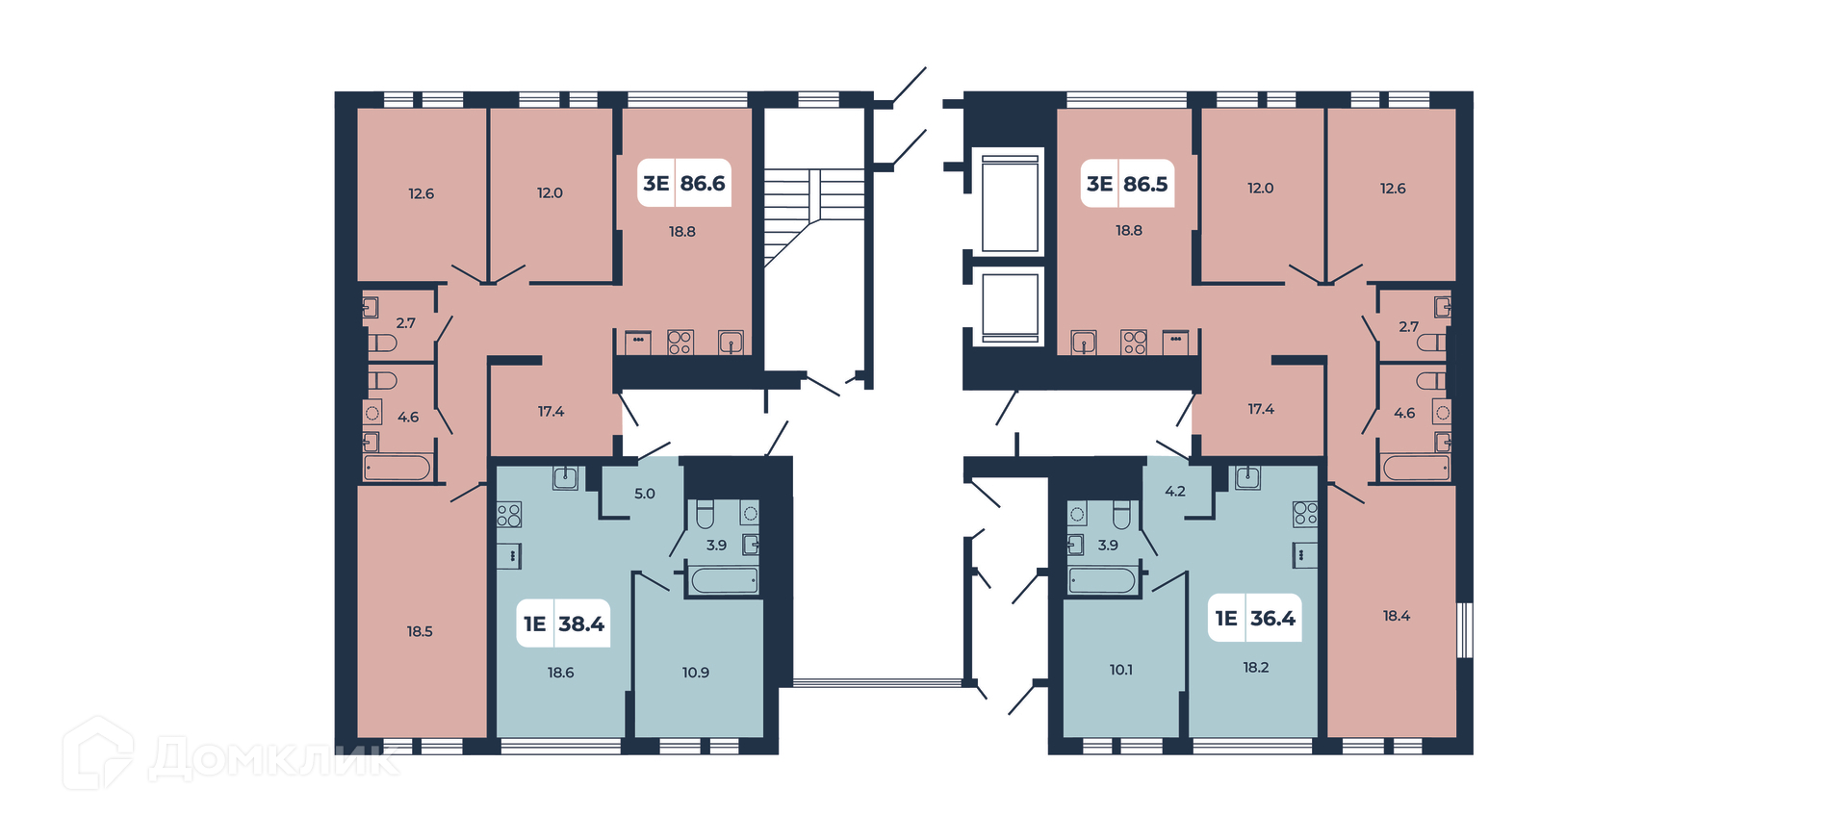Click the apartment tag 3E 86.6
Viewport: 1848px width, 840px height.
pos(684,183)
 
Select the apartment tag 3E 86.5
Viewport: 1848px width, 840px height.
pos(1127,184)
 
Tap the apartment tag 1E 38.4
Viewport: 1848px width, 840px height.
pos(564,624)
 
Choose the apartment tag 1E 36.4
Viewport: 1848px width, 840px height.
pos(1255,618)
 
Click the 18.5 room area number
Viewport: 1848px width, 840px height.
pos(420,631)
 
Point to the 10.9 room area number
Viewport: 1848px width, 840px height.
pos(696,673)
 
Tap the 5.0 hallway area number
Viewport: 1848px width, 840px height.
pos(645,494)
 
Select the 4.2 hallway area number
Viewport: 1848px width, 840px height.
pos(1175,491)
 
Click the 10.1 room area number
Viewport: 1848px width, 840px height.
pos(1121,670)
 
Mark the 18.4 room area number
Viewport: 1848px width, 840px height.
pos(1397,616)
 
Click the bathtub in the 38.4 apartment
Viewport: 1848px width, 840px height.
pos(724,580)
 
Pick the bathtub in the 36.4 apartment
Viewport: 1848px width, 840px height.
pos(1102,580)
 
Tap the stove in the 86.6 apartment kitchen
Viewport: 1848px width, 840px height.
pos(680,343)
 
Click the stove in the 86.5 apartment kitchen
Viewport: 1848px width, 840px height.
pos(1134,343)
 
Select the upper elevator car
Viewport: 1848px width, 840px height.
pos(1010,202)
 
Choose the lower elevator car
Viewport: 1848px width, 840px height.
pos(1010,305)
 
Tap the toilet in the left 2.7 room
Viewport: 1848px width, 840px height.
pos(382,343)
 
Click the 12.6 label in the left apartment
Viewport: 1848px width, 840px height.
pos(422,193)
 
